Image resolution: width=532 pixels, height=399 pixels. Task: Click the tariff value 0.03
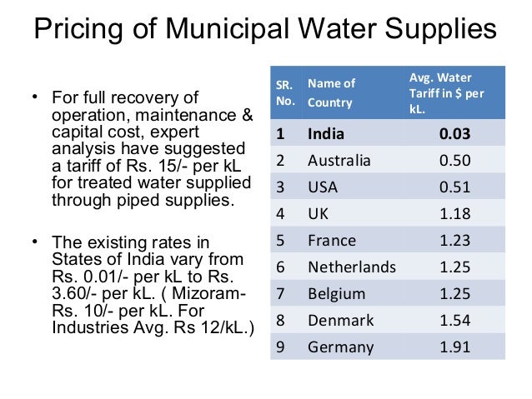(x=454, y=133)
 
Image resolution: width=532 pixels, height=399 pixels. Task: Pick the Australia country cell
(x=339, y=160)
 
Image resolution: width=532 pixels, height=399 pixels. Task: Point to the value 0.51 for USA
(x=454, y=187)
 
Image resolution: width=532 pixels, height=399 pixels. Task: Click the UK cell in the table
(x=319, y=214)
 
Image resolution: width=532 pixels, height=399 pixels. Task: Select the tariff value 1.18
(x=454, y=214)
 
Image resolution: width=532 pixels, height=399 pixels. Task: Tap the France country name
(x=332, y=241)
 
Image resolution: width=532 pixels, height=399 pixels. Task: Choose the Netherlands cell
(x=352, y=267)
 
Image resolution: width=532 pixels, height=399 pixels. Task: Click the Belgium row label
(x=337, y=294)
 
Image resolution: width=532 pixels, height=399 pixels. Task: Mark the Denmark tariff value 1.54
(x=454, y=321)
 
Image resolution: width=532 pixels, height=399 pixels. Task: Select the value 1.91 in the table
(x=454, y=347)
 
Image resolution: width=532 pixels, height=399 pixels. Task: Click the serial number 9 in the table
(x=280, y=347)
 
